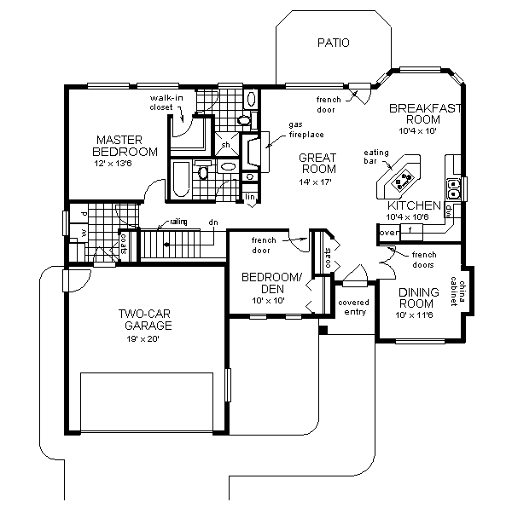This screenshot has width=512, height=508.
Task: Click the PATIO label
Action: (333, 42)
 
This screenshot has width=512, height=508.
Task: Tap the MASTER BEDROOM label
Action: (125, 146)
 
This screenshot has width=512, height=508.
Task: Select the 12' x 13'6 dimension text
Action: (125, 165)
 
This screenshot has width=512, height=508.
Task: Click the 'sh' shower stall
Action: (226, 145)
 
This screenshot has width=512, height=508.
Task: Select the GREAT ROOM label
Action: (317, 163)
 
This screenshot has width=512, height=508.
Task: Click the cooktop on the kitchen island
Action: (400, 178)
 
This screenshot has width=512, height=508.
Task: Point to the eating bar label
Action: (375, 157)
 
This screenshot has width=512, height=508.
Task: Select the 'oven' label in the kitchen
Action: (388, 231)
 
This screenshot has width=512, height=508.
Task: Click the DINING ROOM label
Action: (418, 298)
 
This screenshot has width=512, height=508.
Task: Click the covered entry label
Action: (352, 307)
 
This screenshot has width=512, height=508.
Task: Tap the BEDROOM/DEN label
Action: (271, 284)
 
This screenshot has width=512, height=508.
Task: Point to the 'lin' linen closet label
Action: (250, 197)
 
